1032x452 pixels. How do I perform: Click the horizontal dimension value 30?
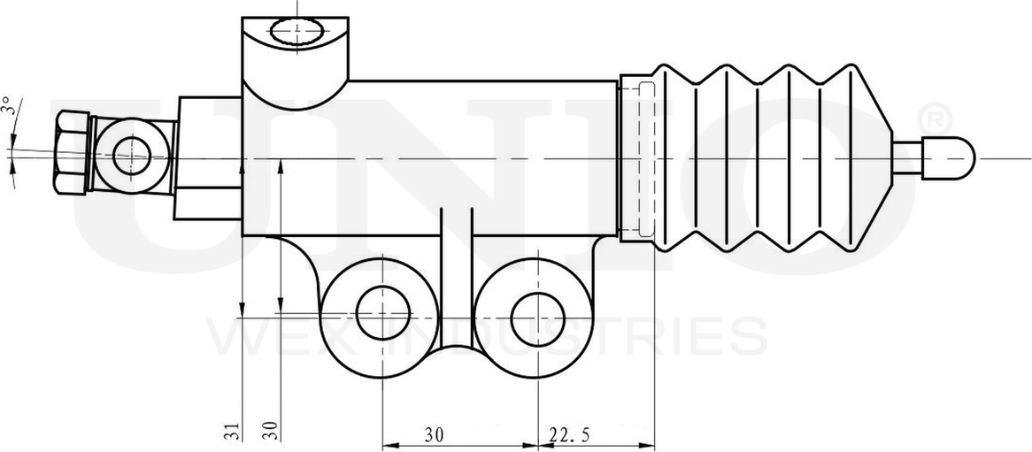point(434,434)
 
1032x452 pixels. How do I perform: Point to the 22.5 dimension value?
point(570,434)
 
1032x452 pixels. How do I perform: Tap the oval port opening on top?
point(297,34)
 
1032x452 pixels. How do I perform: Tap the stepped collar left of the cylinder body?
point(209,158)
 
